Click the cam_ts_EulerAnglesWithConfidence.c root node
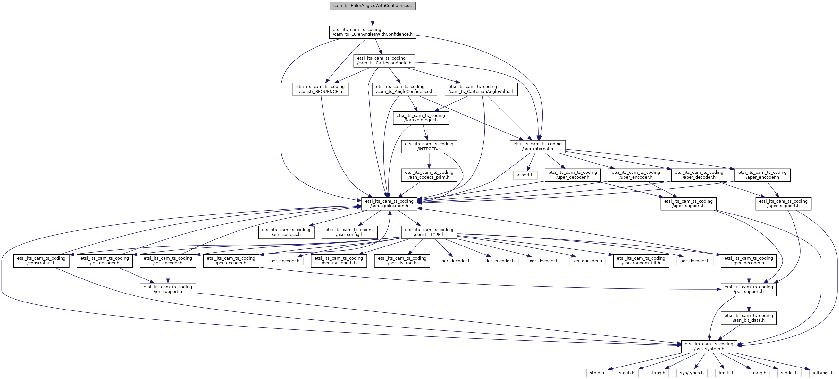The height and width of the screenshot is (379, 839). [x=373, y=6]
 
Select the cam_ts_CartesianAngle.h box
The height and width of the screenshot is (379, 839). [x=384, y=60]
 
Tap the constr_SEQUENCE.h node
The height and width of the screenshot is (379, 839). [x=320, y=89]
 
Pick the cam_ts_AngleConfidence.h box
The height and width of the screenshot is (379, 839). [x=405, y=89]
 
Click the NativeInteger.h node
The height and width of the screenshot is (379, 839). [x=421, y=118]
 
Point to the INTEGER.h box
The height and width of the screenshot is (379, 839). [x=429, y=146]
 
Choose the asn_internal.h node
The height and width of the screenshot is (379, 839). [x=537, y=146]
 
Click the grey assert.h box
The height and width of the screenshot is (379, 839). [x=525, y=175]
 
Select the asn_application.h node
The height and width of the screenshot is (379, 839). [x=389, y=203]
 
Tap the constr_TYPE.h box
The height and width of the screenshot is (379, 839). [x=429, y=232]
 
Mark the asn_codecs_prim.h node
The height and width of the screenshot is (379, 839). [x=429, y=175]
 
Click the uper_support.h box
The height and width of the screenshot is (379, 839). [x=688, y=203]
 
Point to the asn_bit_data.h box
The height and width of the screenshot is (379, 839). [x=749, y=318]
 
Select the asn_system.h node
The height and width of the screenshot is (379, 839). [x=709, y=346]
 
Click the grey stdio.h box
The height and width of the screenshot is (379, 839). [x=597, y=373]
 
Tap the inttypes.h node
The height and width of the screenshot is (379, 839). [x=823, y=373]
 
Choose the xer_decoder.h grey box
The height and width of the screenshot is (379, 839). [x=544, y=261]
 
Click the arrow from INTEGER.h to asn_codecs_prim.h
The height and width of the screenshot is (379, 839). [x=429, y=161]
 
